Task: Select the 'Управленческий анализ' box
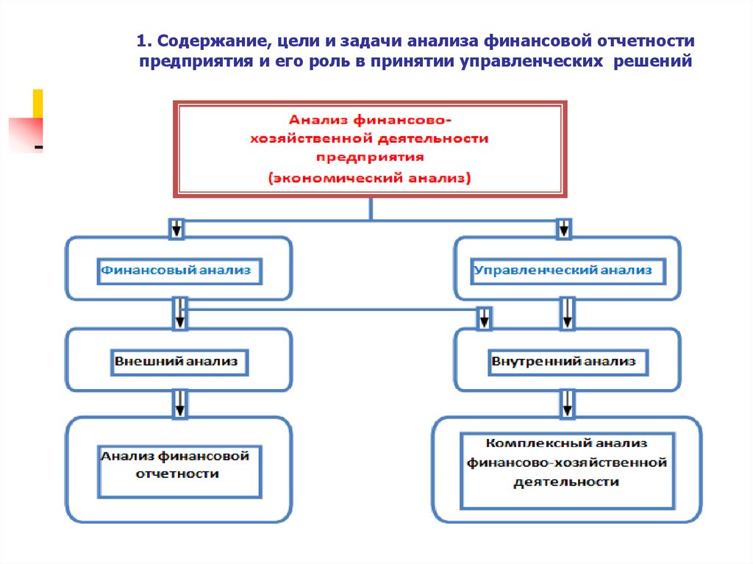(x=563, y=270)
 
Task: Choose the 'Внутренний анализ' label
(x=563, y=362)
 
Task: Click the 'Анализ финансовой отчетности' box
(x=177, y=465)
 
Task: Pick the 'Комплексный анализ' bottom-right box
(x=566, y=463)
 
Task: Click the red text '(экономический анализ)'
(x=369, y=178)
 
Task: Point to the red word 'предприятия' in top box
(x=369, y=157)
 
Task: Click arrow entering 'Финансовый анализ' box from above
(x=176, y=229)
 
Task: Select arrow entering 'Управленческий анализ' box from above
(x=563, y=229)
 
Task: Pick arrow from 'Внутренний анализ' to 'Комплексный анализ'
(x=567, y=404)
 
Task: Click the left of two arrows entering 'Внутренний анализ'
(x=484, y=318)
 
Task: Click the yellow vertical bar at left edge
(x=38, y=102)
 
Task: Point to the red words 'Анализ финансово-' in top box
(x=369, y=118)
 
